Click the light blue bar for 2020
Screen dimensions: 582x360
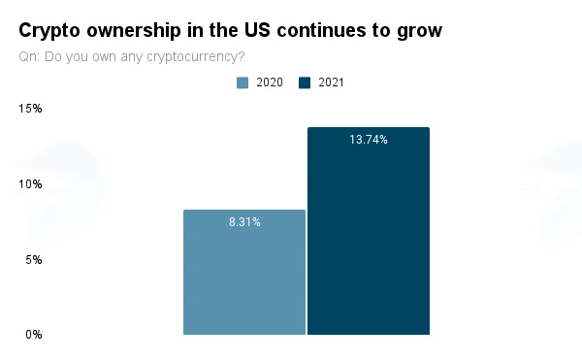click(244, 272)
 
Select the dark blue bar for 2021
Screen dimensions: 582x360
click(369, 231)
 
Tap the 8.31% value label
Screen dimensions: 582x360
click(244, 222)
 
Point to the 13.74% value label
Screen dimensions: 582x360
click(369, 140)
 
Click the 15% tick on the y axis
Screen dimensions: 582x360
click(30, 109)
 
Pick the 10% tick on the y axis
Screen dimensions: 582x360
click(30, 184)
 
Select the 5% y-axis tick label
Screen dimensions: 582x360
click(34, 260)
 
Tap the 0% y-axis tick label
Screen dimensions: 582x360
click(34, 335)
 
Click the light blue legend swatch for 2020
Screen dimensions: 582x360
click(242, 82)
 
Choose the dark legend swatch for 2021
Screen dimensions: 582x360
click(305, 82)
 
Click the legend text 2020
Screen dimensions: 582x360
click(270, 82)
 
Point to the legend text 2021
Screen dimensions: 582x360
click(331, 82)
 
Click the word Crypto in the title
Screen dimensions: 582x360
click(49, 31)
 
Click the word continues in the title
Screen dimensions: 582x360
click(321, 30)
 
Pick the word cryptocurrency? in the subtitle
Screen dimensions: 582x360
click(196, 57)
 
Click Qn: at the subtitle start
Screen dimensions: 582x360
click(29, 56)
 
